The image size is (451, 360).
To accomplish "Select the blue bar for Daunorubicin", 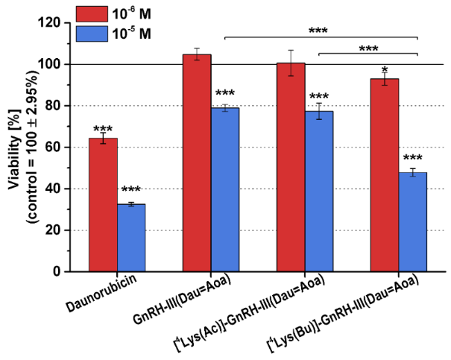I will pos(131,238).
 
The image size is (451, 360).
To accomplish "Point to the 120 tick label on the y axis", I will pos(69,23).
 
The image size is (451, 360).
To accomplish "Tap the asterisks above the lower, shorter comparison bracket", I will pos(368,49).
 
